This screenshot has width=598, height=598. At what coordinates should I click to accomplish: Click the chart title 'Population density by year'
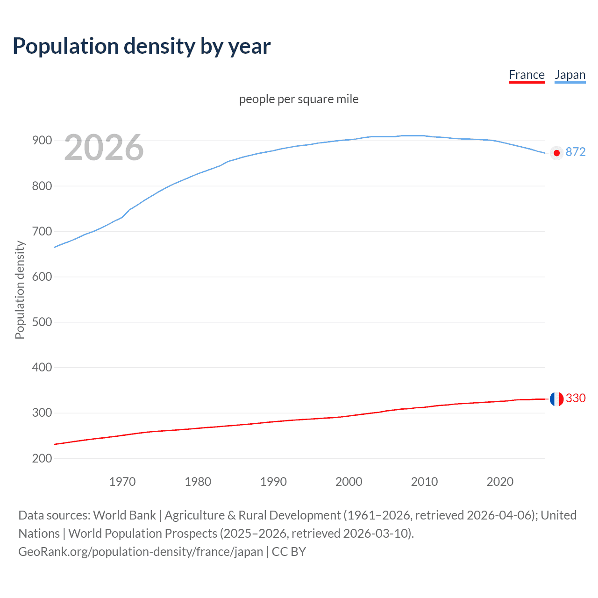[142, 46]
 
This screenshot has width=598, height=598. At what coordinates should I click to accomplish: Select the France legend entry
[527, 75]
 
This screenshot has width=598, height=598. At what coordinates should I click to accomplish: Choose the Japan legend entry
[570, 75]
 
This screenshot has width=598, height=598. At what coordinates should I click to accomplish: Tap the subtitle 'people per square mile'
[299, 100]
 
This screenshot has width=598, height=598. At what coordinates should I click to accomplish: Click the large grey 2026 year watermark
[104, 148]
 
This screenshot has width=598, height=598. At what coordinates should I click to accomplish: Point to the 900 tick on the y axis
[42, 141]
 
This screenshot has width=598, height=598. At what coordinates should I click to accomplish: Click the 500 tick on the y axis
[42, 322]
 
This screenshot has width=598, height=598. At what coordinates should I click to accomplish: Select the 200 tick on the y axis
[42, 458]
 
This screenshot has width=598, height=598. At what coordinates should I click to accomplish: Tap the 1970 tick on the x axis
[122, 482]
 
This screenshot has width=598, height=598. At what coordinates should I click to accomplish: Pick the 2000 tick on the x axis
[349, 482]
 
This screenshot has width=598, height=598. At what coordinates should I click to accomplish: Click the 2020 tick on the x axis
[500, 482]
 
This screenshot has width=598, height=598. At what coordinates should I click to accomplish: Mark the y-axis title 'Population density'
[20, 290]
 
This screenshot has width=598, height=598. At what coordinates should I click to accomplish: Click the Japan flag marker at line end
[556, 153]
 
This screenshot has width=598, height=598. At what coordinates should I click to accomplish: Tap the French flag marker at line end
[556, 399]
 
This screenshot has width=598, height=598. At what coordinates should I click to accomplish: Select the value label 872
[576, 152]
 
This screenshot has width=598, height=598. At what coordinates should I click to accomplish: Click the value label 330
[576, 398]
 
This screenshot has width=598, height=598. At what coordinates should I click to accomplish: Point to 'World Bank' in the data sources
[124, 515]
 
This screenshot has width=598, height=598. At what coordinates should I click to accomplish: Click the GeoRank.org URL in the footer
[141, 552]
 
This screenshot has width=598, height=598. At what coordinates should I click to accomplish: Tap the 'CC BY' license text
[289, 552]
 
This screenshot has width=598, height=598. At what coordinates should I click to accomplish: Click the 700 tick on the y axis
[42, 232]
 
